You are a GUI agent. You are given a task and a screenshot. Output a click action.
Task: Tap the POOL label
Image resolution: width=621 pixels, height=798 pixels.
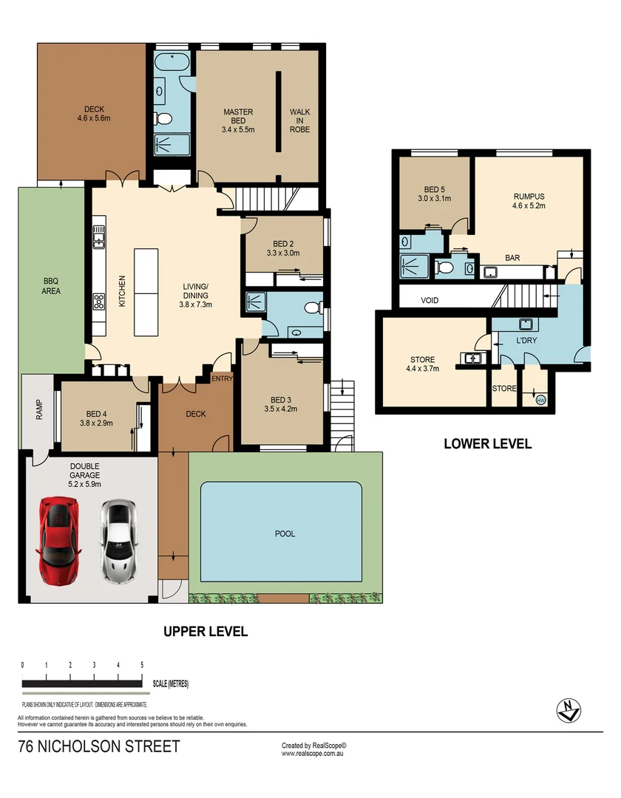pyautogui.click(x=284, y=533)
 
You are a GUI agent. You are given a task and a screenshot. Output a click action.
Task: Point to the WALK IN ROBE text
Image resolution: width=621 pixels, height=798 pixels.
pyautogui.click(x=299, y=121)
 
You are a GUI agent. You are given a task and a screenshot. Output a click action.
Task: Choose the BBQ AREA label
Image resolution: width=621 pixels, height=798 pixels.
pyautogui.click(x=51, y=286)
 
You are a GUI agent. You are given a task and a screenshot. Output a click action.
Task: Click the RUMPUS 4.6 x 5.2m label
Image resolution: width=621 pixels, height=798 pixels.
pyautogui.click(x=529, y=202)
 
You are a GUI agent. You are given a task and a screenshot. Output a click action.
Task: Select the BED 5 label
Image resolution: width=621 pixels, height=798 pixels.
pyautogui.click(x=433, y=194)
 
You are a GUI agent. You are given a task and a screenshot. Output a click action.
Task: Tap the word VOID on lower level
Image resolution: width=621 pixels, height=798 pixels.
pyautogui.click(x=430, y=301)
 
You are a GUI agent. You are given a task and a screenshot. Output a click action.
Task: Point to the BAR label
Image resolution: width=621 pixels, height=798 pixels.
pyautogui.click(x=512, y=258)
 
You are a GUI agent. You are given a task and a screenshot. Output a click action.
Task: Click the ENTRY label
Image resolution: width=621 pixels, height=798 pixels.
pyautogui.click(x=222, y=379)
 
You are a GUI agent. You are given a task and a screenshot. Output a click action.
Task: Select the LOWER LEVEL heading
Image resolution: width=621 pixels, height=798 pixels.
pyautogui.click(x=487, y=444)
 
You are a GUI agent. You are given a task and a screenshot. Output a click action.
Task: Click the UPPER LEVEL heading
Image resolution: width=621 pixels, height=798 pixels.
pyautogui.click(x=205, y=632)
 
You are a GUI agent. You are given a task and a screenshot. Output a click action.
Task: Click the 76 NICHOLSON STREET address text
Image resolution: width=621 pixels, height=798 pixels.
pyautogui.click(x=98, y=747)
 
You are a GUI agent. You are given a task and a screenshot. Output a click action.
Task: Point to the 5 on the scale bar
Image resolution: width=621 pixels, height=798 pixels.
pyautogui.click(x=141, y=666)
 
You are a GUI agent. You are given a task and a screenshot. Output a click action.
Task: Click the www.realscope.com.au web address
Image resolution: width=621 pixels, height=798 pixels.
pyautogui.click(x=313, y=754)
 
